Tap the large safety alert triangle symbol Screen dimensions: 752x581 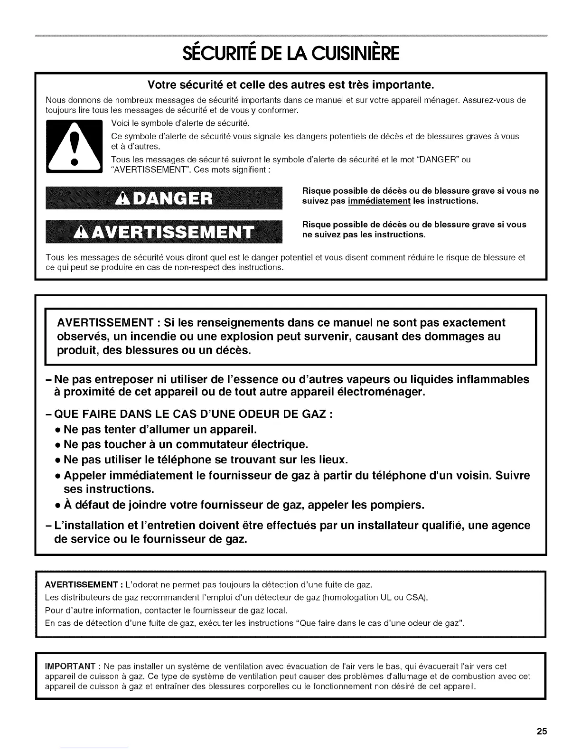(x=74, y=148)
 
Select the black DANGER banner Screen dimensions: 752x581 (x=164, y=198)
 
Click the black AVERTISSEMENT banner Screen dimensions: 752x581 (x=164, y=232)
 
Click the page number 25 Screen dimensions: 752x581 (x=542, y=732)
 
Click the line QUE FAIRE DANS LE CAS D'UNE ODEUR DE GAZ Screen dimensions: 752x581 (x=195, y=414)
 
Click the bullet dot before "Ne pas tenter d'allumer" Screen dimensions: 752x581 (x=57, y=430)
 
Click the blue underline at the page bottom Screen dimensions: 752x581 (x=95, y=748)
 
